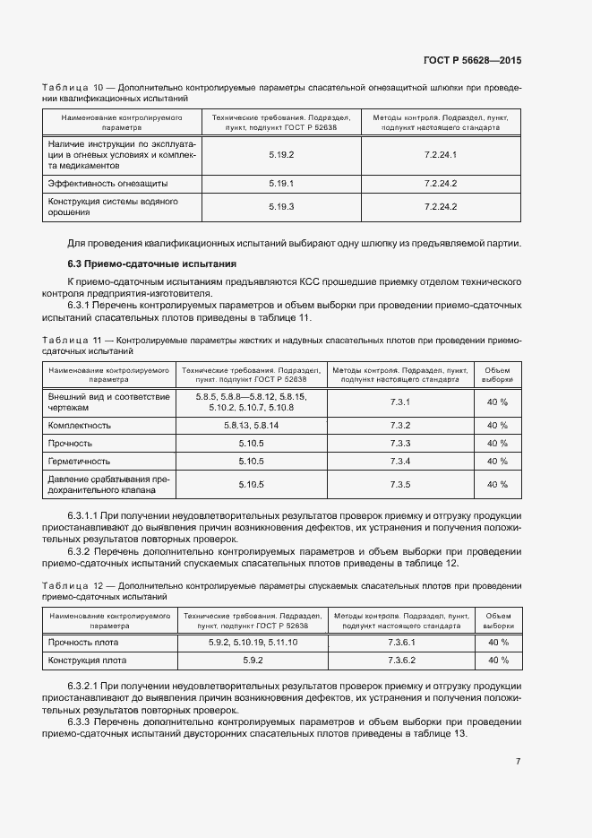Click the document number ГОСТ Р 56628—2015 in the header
click(x=472, y=61)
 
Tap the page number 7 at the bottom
click(x=518, y=761)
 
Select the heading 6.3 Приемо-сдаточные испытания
click(x=152, y=264)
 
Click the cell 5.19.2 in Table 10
click(x=281, y=155)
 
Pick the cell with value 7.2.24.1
click(x=441, y=155)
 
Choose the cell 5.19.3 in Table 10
click(x=281, y=207)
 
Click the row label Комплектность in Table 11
click(x=80, y=425)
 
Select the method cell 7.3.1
click(x=400, y=402)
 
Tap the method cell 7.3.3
click(x=400, y=443)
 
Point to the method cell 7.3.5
click(x=400, y=485)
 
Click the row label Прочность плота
click(x=83, y=643)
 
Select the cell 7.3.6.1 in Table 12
click(x=401, y=643)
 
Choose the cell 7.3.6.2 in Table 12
click(x=401, y=661)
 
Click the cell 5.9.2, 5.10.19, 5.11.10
click(x=253, y=643)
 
